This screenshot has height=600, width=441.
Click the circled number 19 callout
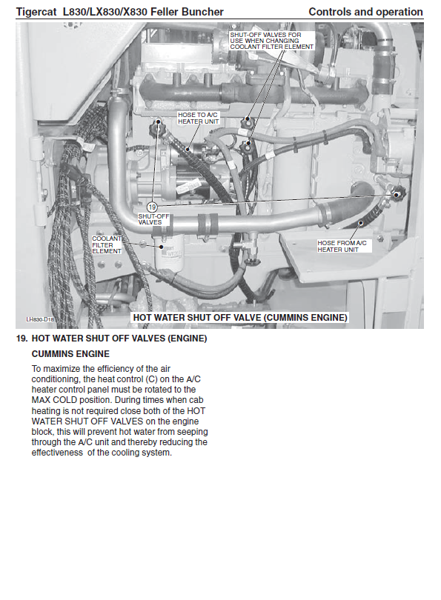152,207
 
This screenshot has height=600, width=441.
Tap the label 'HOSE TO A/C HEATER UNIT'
199,119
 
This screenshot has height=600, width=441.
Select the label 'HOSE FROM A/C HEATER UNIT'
342,246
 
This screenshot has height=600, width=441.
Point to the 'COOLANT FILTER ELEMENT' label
107,245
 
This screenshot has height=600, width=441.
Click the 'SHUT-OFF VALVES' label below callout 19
153,219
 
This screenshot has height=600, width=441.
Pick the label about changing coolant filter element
272,41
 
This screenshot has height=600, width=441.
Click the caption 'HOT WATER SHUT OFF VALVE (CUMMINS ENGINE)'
240,317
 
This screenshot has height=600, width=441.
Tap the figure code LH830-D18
40,319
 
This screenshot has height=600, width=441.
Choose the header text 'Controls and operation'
365,12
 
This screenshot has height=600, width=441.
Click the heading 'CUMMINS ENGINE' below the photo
70,353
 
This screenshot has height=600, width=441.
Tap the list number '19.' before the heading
21,339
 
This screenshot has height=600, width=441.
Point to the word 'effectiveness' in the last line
57,453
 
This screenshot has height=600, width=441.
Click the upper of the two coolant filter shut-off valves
248,122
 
